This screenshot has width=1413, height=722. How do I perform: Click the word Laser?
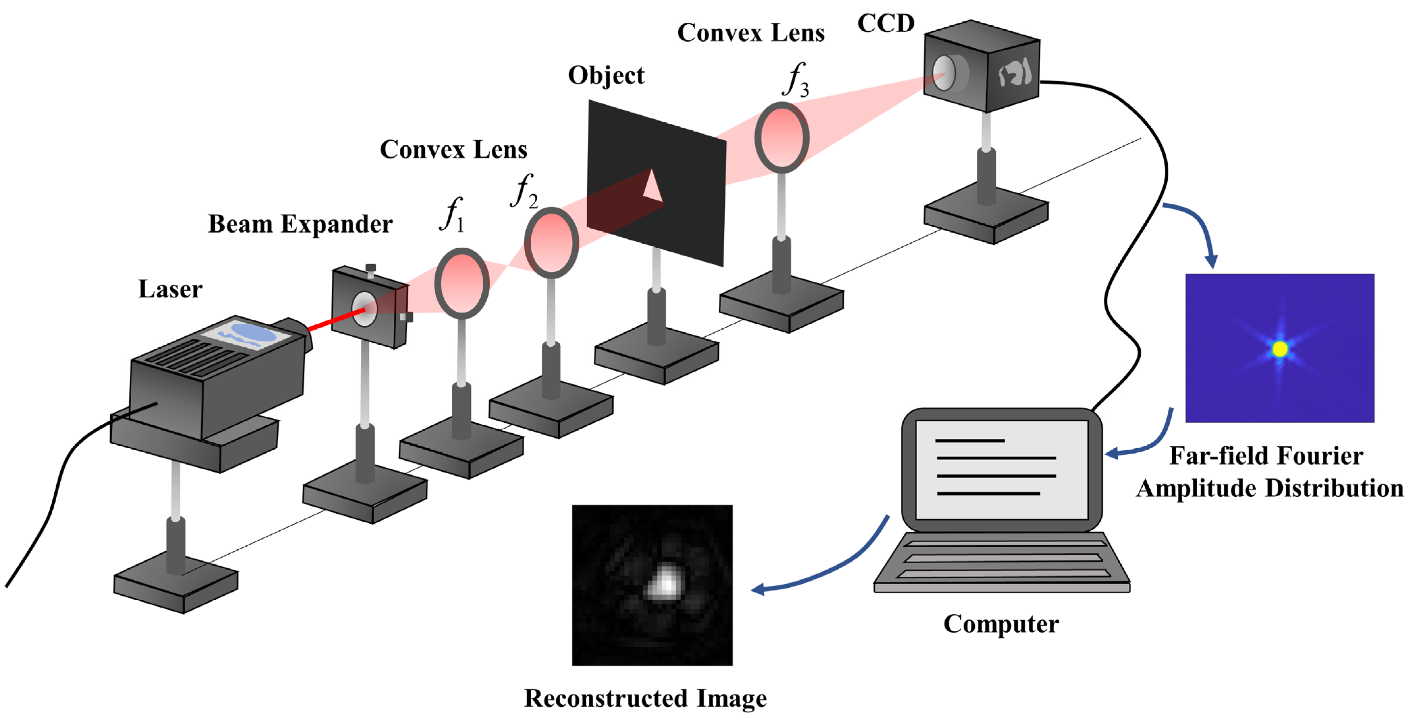(170, 289)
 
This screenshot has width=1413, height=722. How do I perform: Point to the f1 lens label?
(452, 214)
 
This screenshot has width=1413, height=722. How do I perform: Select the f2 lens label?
(523, 191)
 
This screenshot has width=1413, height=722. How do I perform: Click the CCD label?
(886, 24)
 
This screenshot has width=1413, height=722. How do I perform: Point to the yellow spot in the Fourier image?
(1280, 349)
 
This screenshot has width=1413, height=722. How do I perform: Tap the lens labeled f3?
(782, 137)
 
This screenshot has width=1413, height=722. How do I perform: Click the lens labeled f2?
(551, 242)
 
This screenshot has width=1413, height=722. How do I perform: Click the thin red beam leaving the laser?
(334, 320)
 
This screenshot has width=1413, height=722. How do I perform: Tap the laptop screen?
(1001, 469)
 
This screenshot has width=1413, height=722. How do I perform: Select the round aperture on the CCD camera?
(944, 73)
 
